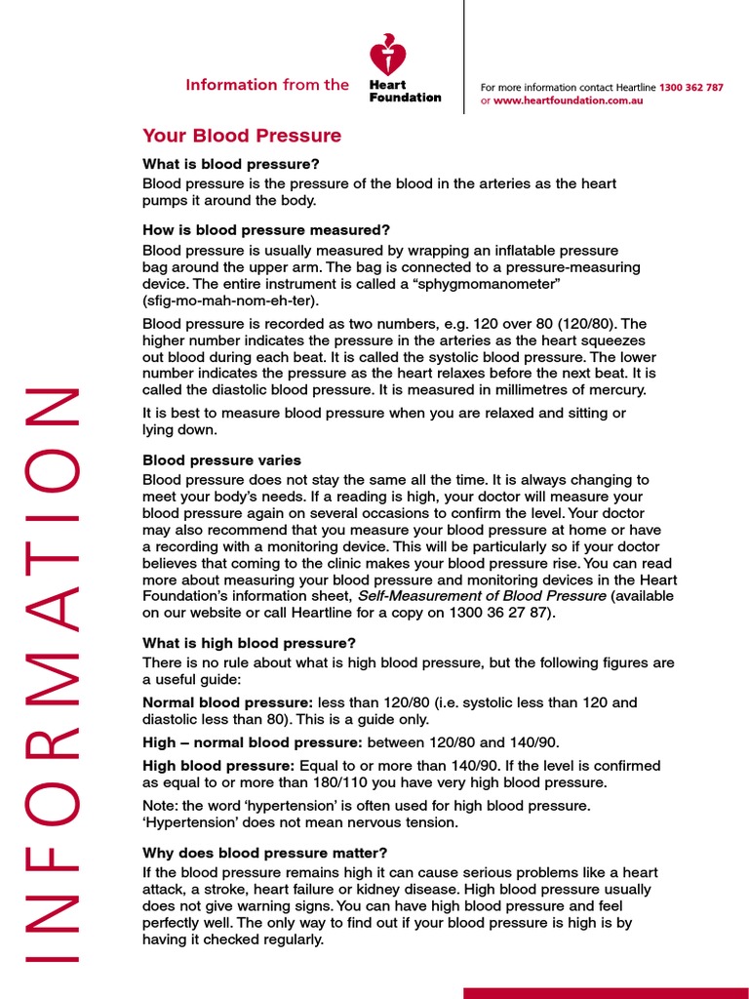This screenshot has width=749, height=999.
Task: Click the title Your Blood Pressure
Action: coord(242,136)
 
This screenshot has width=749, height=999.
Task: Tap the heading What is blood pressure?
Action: coord(230,164)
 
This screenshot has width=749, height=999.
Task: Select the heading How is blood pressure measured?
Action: coord(266,230)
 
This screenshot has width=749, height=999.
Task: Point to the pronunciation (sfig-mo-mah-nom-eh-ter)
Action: coord(230,300)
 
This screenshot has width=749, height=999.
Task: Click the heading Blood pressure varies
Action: coord(221,460)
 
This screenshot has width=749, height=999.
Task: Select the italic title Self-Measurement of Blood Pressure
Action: coord(482,594)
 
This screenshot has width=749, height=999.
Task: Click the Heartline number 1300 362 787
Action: coord(690,88)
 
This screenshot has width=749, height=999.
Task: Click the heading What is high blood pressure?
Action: coord(249,643)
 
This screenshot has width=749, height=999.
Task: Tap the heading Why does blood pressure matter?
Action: coord(264,852)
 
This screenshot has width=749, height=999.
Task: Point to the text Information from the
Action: coord(266,85)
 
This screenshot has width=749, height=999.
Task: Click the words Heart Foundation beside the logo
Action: coord(404,91)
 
